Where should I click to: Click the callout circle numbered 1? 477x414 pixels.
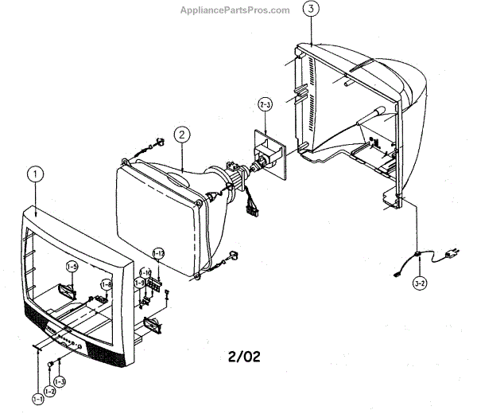[34, 173]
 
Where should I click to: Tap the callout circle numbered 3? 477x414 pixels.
[312, 10]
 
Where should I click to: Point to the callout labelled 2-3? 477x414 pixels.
[265, 103]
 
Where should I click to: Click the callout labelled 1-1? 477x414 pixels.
[38, 397]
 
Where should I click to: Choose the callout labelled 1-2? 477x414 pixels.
[49, 390]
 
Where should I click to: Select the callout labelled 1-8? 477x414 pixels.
[106, 283]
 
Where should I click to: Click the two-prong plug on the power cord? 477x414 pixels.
[452, 253]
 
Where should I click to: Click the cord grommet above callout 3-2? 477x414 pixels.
[417, 255]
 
